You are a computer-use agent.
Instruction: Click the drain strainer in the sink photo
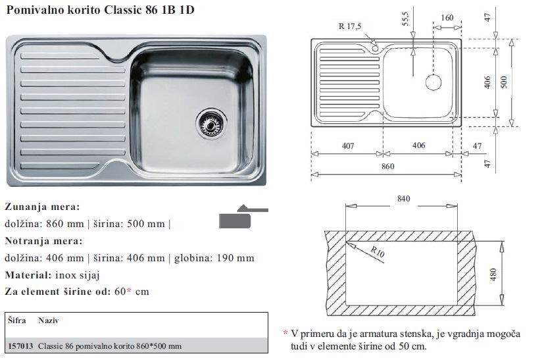[x=211, y=124]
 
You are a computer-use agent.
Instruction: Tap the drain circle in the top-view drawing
[x=433, y=82]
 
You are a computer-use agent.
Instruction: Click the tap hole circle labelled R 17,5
[x=376, y=49]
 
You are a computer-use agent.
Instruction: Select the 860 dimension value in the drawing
[x=387, y=167]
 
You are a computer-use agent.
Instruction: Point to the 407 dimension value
[x=348, y=146]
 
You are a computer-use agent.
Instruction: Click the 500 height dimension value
[x=504, y=82]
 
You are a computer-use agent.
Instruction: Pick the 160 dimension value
[x=447, y=18]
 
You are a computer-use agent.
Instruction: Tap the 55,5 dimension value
[x=405, y=18]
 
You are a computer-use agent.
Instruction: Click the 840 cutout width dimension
[x=403, y=199]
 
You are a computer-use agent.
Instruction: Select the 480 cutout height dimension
[x=493, y=274]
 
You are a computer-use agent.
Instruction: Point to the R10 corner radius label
[x=378, y=251]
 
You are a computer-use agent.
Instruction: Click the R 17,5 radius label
[x=350, y=26]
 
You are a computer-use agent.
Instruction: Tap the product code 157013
[x=20, y=346]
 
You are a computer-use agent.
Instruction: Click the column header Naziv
[x=49, y=321]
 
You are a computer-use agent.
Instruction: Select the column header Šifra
[x=17, y=321]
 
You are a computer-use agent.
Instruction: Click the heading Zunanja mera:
[x=42, y=207]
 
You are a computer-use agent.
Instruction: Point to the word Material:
[x=28, y=275]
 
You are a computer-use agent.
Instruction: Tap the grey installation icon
[x=243, y=217]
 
